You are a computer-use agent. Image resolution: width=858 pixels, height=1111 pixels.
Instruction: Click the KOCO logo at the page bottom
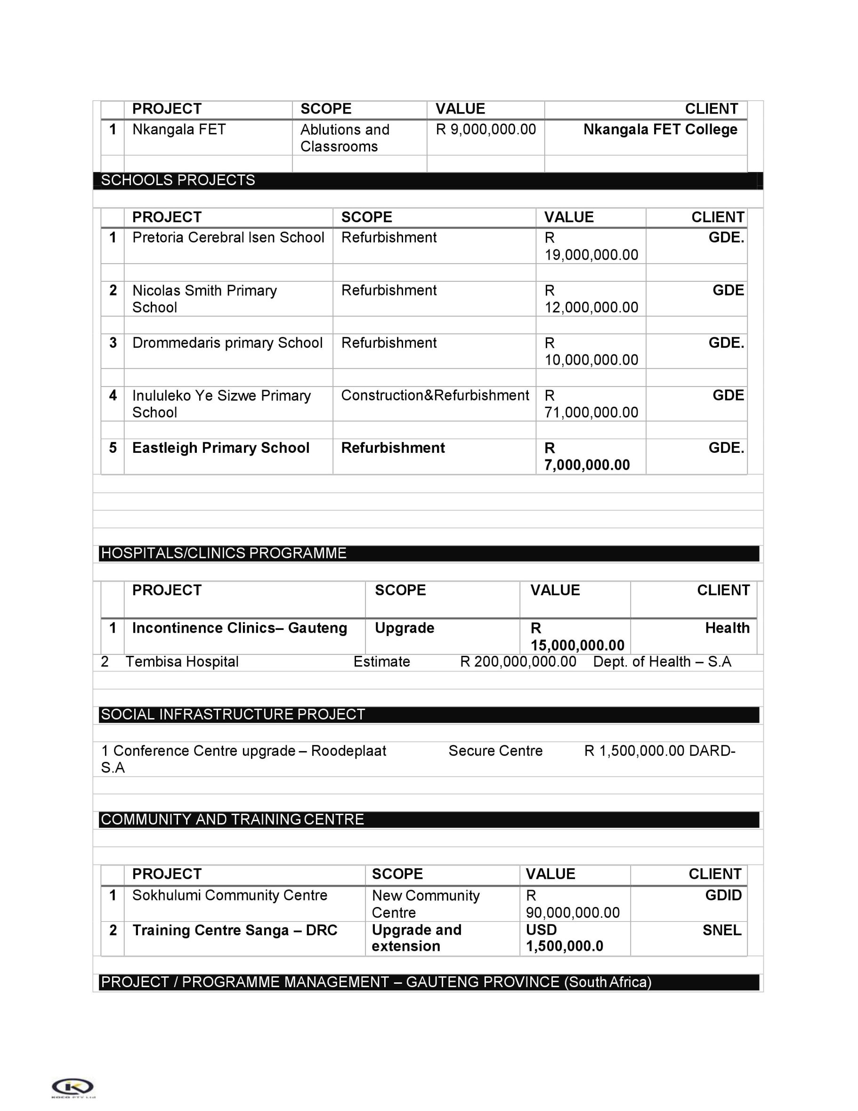(x=73, y=1086)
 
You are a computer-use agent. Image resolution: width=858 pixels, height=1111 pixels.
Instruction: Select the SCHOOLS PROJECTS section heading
(x=178, y=180)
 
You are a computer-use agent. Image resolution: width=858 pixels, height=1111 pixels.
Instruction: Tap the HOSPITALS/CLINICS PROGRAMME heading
(x=224, y=553)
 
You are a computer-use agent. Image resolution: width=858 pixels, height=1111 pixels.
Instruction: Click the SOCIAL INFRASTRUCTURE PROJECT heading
(x=233, y=714)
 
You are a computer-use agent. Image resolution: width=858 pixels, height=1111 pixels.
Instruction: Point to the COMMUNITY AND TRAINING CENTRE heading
(x=232, y=819)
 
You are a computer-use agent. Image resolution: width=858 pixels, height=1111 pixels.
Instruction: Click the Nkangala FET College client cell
(x=660, y=129)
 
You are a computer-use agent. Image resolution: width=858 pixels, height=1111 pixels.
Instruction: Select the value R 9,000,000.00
(x=486, y=129)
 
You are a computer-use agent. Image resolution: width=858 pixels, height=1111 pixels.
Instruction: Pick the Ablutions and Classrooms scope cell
(x=345, y=138)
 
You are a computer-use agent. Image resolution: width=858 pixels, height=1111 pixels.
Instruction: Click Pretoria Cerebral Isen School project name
(x=228, y=237)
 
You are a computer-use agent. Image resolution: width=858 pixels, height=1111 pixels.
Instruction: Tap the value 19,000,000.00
(x=591, y=254)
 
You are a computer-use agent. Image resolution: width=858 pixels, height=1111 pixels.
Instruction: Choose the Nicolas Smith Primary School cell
(x=204, y=299)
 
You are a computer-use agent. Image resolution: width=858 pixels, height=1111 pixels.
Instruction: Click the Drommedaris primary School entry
(x=227, y=343)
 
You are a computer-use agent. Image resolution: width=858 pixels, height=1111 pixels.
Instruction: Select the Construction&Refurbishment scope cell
(x=435, y=395)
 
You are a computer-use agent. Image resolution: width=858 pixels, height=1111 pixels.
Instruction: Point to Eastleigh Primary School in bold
(x=220, y=448)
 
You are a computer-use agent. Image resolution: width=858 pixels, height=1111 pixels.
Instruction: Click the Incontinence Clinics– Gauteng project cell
(x=239, y=628)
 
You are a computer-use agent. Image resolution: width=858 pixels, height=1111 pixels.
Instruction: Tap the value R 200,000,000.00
(x=518, y=662)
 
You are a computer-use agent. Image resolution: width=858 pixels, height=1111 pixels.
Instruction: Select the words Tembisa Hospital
(x=182, y=662)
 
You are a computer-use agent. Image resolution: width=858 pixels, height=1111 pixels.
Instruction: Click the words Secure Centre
(x=495, y=751)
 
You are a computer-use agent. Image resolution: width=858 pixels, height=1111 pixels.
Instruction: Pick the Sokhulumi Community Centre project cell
(x=230, y=895)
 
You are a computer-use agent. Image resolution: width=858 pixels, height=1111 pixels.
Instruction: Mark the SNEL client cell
(x=721, y=931)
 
